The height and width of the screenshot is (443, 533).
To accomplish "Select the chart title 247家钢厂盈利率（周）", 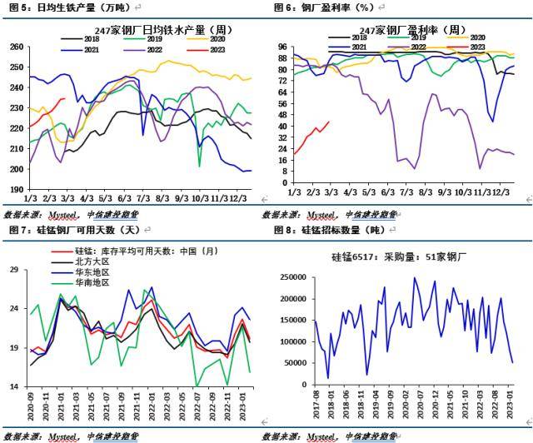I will coord(408,30).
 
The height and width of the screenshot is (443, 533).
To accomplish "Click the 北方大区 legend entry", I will coord(92,261).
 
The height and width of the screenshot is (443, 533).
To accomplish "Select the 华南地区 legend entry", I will coord(92,282).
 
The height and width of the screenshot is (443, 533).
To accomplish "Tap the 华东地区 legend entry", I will coord(92,272).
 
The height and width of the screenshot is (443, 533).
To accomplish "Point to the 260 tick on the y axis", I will coord(16,47).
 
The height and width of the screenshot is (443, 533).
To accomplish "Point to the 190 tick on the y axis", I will coord(16,189).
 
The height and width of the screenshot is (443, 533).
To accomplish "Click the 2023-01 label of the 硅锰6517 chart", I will coord(513,407).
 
